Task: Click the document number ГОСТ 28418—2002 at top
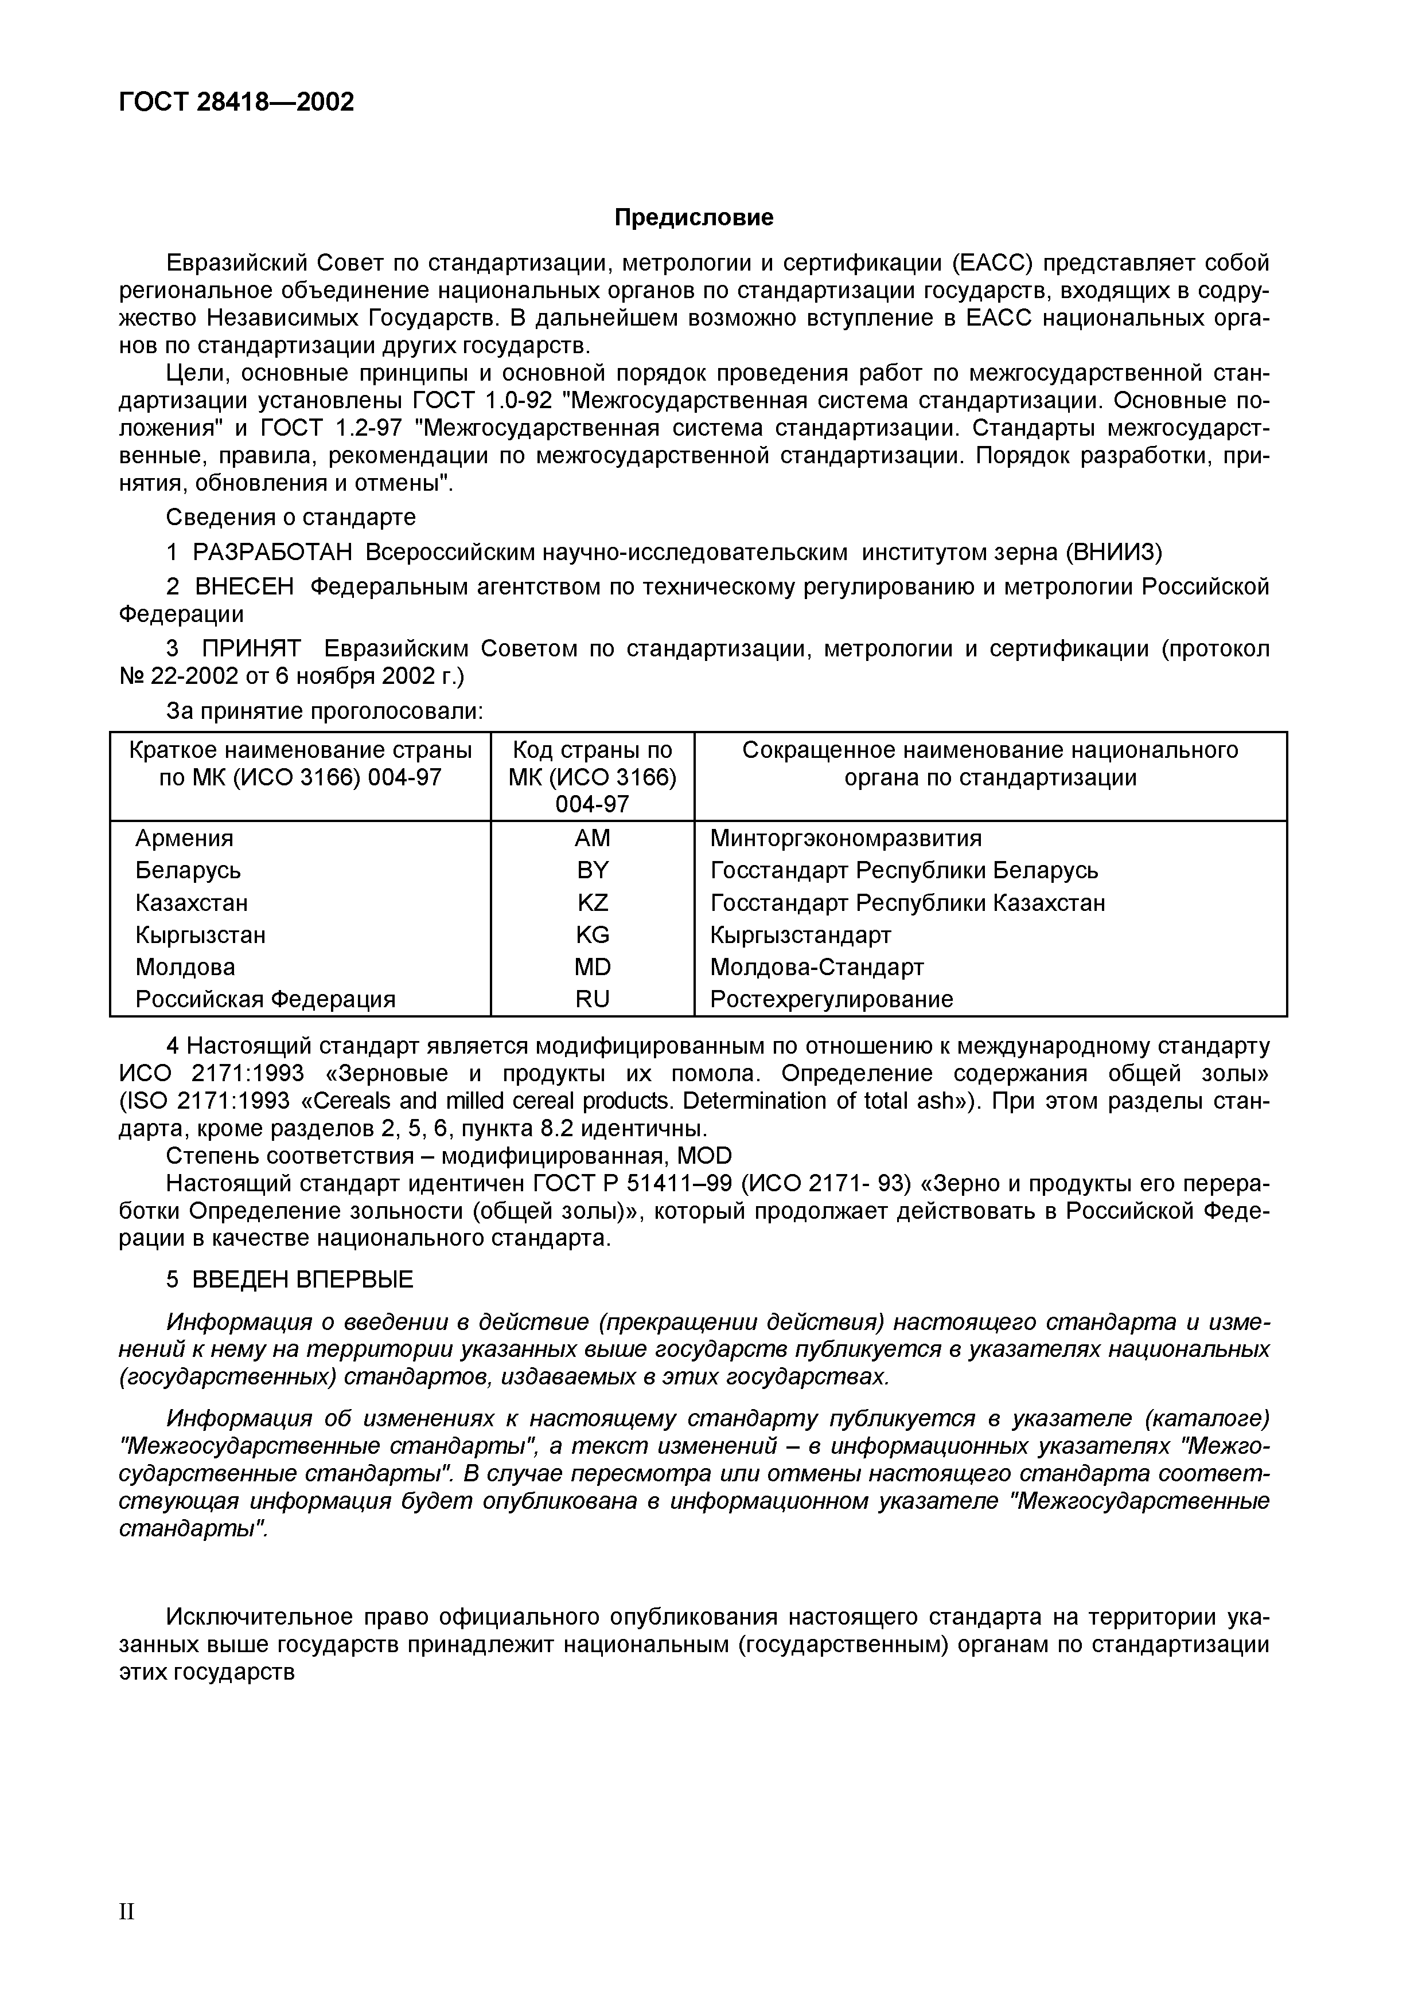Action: click(x=236, y=103)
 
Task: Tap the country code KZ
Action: click(x=593, y=902)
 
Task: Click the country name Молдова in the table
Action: click(x=185, y=967)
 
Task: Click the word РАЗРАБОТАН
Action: click(x=271, y=552)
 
